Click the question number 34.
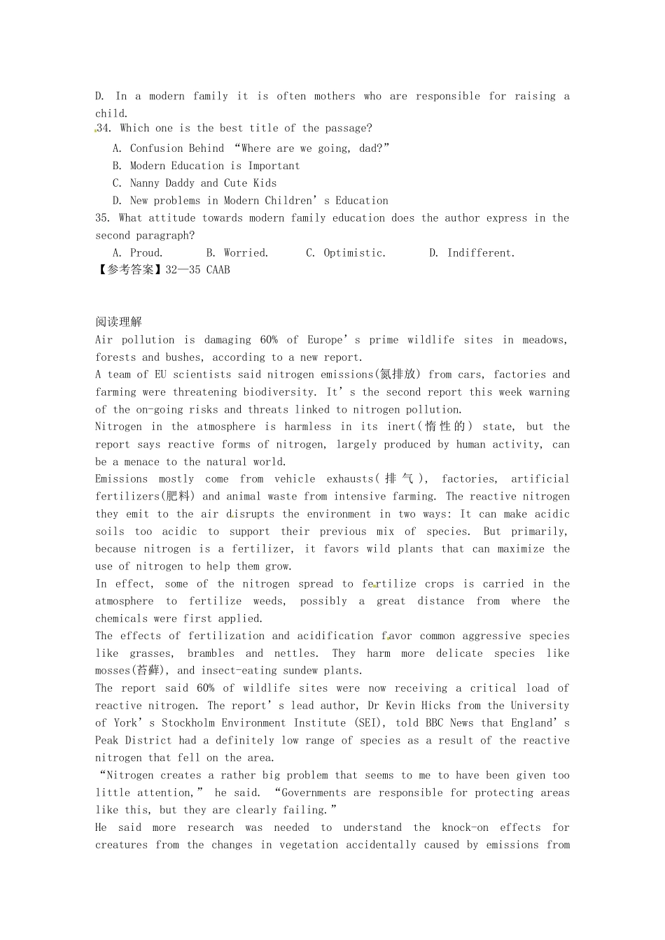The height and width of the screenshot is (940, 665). [104, 128]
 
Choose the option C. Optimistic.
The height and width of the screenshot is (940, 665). [346, 253]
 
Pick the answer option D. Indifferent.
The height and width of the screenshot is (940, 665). [472, 253]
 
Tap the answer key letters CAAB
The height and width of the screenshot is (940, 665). [218, 270]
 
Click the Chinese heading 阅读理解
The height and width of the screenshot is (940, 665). [118, 322]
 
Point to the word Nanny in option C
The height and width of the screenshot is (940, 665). [145, 183]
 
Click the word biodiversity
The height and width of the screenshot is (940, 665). [279, 392]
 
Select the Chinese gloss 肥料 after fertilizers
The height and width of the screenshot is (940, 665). [181, 497]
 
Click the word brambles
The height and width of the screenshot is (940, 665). [211, 653]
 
